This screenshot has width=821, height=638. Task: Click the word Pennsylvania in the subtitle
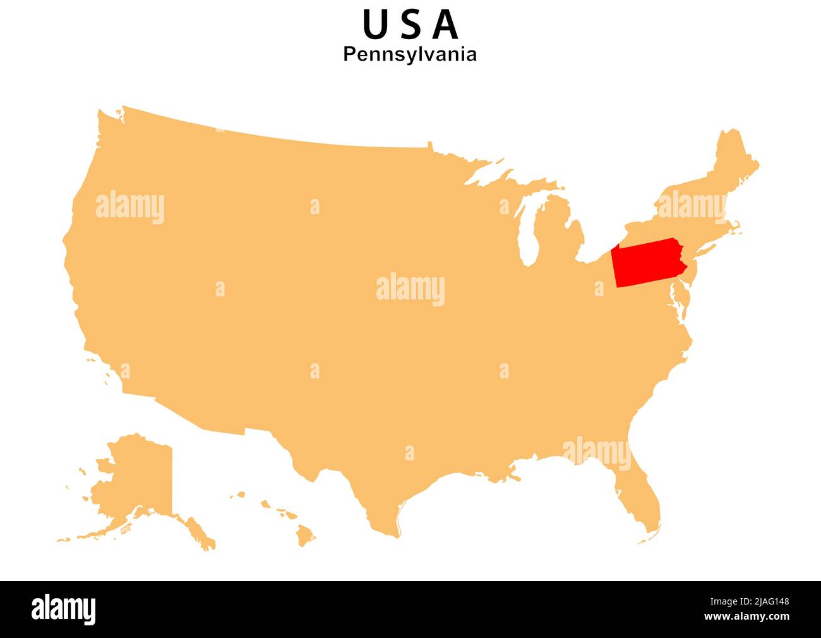(410, 54)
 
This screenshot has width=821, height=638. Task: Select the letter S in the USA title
(410, 25)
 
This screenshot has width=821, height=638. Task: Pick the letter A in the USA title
(446, 25)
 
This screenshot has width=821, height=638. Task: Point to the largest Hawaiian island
(306, 536)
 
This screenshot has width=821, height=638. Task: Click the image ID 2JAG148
(763, 602)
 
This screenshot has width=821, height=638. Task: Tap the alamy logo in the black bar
(64, 609)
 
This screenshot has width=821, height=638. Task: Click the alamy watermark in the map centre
(410, 289)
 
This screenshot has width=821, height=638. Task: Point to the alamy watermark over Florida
(596, 452)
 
